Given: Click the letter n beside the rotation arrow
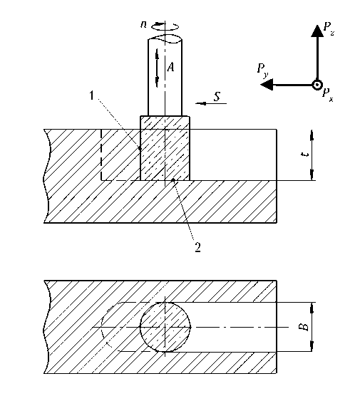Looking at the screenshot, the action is [x=143, y=24].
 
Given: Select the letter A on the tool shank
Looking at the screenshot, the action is [x=171, y=67].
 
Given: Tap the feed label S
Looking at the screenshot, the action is [x=217, y=96].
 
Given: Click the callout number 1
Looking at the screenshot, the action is [x=92, y=95].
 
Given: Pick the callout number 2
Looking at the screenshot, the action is [x=197, y=247].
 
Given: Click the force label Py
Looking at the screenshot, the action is [x=262, y=70].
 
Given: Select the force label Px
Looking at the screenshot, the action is [x=328, y=95].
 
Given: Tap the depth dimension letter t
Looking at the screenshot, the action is [x=306, y=155].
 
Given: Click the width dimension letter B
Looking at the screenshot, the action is [x=305, y=327].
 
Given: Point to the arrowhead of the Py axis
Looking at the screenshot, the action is [x=267, y=85].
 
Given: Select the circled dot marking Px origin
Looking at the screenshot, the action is [x=317, y=85].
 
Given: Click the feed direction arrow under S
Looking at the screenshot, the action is [x=211, y=103].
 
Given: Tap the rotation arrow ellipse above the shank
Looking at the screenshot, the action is [x=165, y=26].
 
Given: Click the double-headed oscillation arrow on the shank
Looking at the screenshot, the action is [x=157, y=68].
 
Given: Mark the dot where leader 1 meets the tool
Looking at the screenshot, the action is [x=140, y=148].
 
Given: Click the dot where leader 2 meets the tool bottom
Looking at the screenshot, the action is [x=173, y=179].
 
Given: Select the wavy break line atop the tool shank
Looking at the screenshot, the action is [x=165, y=39].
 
